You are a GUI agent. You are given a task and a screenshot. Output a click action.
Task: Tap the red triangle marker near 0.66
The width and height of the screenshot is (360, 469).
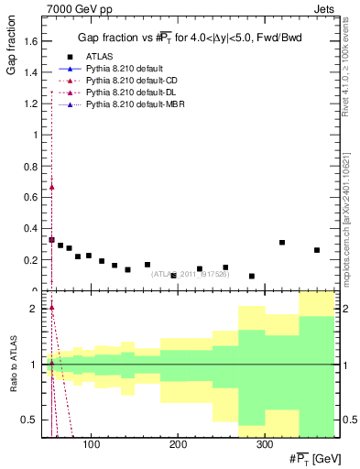point(51,187)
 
